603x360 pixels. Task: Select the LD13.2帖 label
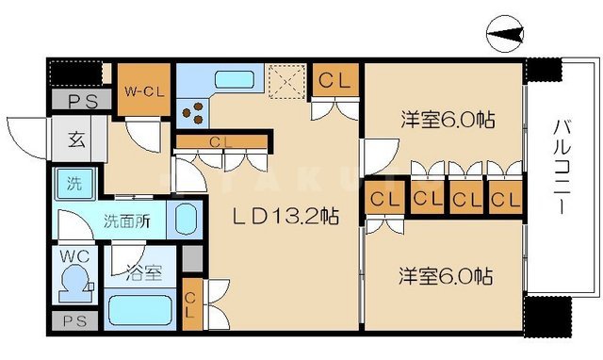(x=285, y=216)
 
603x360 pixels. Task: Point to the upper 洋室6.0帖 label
(x=448, y=121)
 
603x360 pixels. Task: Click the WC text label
(x=71, y=255)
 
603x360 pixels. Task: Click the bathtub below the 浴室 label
(x=142, y=309)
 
